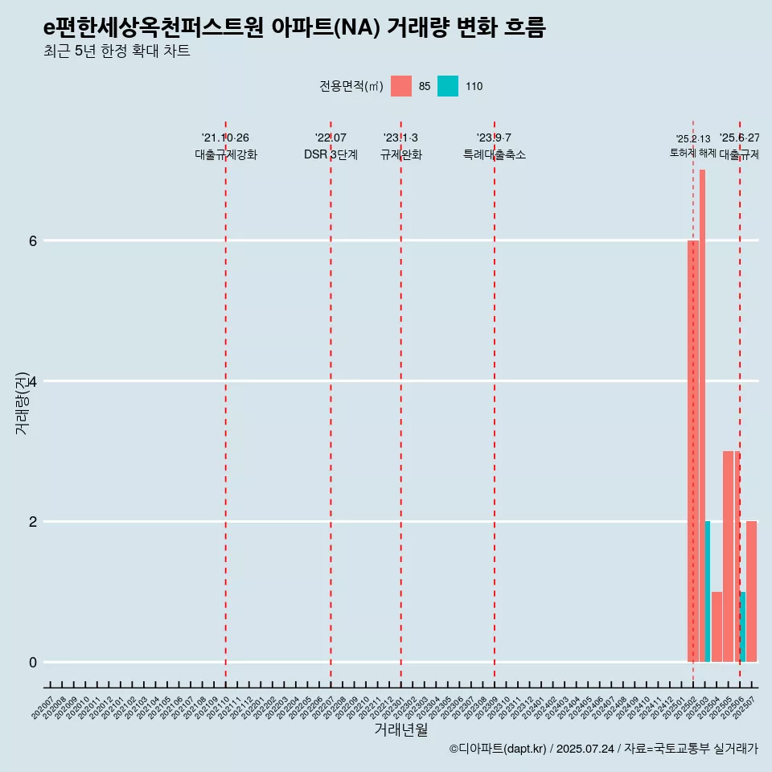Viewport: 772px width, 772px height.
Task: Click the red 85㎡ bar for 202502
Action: [x=692, y=450]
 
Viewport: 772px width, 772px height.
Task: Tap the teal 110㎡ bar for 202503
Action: [x=708, y=591]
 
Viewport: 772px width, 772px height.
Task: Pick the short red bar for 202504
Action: [x=717, y=626]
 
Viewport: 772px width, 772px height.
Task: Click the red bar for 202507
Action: [x=751, y=591]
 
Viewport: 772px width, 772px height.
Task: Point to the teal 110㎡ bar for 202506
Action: [x=743, y=626]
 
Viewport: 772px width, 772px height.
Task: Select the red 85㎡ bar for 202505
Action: [x=728, y=556]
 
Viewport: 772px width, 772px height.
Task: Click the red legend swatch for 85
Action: [x=400, y=86]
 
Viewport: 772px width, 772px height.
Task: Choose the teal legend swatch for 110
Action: [x=448, y=86]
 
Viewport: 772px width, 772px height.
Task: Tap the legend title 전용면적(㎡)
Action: [x=351, y=86]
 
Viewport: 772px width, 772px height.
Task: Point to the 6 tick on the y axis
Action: [x=33, y=240]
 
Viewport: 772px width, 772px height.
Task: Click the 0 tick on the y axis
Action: [x=33, y=662]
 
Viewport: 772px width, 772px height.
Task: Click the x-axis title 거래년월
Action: [x=400, y=729]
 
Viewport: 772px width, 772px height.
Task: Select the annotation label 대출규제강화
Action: [x=226, y=154]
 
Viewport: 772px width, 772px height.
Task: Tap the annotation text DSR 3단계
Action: [x=331, y=154]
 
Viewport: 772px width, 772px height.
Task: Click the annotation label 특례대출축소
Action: [x=495, y=154]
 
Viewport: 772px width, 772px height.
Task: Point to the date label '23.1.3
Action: [x=400, y=138]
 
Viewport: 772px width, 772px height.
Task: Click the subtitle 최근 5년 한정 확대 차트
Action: [x=117, y=51]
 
